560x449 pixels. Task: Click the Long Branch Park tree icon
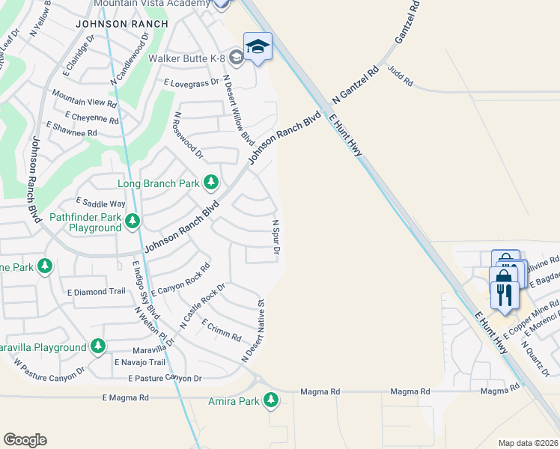(x=211, y=183)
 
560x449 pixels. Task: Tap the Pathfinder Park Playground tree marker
(x=133, y=220)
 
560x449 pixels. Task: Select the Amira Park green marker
(x=271, y=402)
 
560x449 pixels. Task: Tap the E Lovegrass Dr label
(x=191, y=82)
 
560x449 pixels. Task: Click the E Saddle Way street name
(x=100, y=203)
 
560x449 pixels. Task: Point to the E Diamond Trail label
(x=97, y=292)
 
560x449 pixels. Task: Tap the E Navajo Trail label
(x=139, y=362)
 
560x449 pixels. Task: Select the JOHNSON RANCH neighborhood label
(x=121, y=24)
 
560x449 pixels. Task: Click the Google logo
(x=25, y=440)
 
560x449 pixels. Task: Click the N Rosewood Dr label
(x=188, y=135)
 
